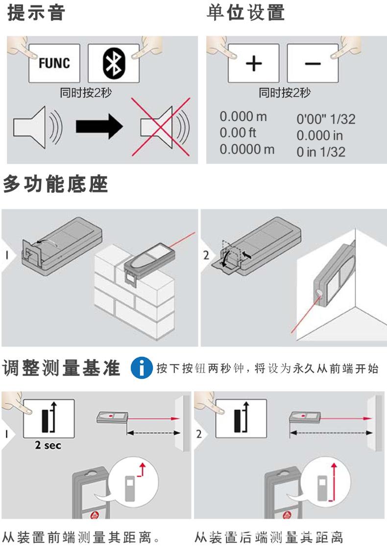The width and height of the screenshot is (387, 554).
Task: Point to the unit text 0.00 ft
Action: pyautogui.click(x=238, y=133)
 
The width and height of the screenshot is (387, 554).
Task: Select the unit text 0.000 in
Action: pyautogui.click(x=320, y=135)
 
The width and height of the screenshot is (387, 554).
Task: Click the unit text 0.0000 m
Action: pyautogui.click(x=247, y=149)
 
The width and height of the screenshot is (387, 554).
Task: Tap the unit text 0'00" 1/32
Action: pyautogui.click(x=326, y=119)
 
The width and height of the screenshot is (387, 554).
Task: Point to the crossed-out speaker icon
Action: pyautogui.click(x=162, y=126)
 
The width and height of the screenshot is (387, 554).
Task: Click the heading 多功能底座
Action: pyautogui.click(x=55, y=185)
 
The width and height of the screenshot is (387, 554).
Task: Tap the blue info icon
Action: pyautogui.click(x=142, y=369)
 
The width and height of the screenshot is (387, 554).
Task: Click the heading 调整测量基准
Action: pyautogui.click(x=62, y=369)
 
